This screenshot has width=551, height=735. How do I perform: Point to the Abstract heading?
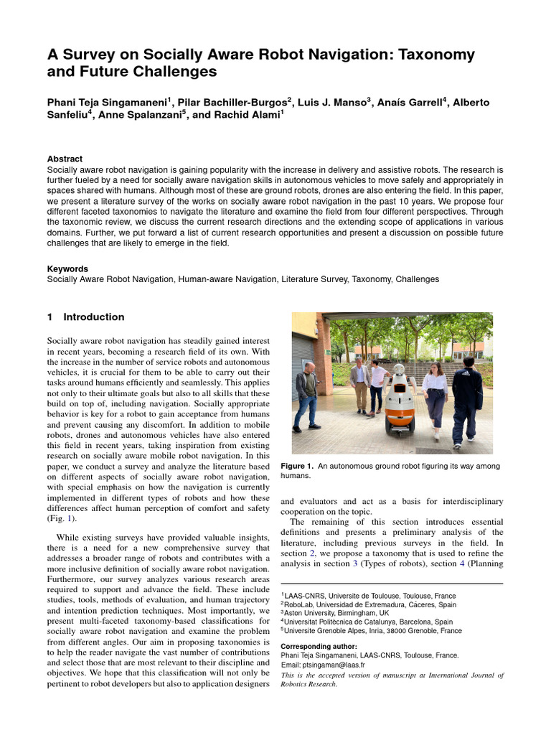tap(65, 159)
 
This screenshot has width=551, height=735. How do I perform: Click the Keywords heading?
tap(67, 268)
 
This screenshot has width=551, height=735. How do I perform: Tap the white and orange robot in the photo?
tap(400, 406)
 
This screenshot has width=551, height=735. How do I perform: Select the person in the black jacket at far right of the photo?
tap(466, 398)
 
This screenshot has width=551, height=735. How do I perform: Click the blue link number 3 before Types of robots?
tap(354, 563)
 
